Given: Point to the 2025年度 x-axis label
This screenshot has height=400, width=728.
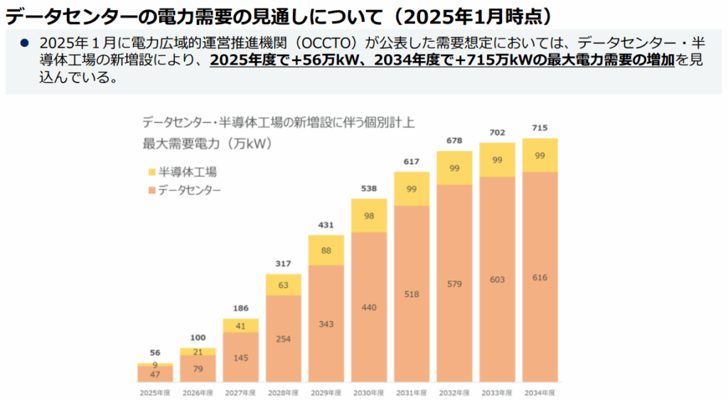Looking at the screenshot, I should pos(155,392).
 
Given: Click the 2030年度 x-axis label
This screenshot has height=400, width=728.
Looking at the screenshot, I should pos(369,392).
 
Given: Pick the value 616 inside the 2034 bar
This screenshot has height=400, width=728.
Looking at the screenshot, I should pos(540,277).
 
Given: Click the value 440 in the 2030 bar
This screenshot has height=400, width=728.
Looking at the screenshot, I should pos(369,307).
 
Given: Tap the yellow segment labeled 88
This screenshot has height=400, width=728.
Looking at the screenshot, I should pos(326,250).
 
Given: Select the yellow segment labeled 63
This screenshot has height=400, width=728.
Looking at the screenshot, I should pos(284,285).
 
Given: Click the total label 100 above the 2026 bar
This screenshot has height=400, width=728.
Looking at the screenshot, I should pos(198,337).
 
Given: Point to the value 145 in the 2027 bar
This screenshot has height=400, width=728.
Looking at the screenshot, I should pos(240,357).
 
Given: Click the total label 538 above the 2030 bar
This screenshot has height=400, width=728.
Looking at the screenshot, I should pos(369,189).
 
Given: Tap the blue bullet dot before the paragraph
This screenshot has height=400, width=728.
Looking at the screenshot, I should pos(25,43).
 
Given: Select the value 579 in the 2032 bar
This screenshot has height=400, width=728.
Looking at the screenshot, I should pos(454,283).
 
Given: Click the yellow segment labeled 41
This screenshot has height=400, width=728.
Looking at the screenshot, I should pos(240,326).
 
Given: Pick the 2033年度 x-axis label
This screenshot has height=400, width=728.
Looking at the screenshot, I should pos(497,392).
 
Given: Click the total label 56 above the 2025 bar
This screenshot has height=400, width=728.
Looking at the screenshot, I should pos(155,352).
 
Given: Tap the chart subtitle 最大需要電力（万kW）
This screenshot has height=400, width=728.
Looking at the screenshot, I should pos(207,144).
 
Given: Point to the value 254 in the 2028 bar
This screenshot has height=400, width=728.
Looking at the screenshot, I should pos(284,339).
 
